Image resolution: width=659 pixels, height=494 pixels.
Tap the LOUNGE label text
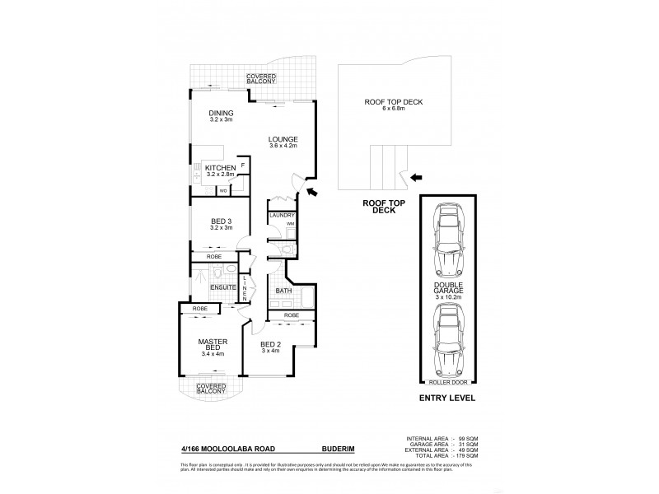click(x=283, y=138)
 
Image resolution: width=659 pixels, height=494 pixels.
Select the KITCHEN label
click(x=220, y=169)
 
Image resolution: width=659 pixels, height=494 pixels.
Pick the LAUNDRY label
click(x=283, y=216)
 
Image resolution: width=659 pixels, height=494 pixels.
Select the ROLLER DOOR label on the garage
click(x=450, y=382)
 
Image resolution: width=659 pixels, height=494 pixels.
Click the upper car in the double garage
click(x=450, y=240)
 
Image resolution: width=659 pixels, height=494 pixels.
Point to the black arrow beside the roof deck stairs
click(x=418, y=176)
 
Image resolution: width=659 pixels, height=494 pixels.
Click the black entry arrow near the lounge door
click(x=312, y=192)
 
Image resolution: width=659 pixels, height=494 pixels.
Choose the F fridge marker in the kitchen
click(x=242, y=165)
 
